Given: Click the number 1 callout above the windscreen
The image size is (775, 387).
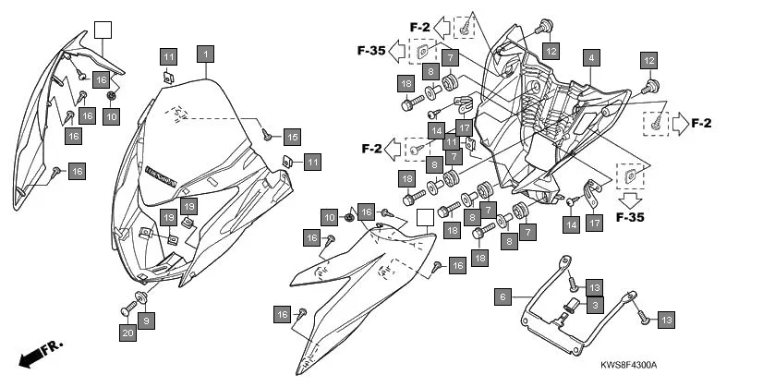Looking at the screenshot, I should [204, 54].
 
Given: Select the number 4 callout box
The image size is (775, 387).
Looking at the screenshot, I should [588, 57].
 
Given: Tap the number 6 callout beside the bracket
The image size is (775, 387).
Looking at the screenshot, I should [503, 296].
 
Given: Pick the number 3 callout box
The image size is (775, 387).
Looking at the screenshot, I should [595, 305].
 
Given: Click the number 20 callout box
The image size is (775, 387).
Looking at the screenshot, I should [127, 332].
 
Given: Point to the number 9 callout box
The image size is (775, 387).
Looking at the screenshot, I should [147, 320].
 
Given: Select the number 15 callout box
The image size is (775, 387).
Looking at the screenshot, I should [292, 137].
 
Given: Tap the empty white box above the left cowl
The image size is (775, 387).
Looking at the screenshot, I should [102, 29].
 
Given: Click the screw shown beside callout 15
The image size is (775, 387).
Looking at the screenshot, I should [267, 134].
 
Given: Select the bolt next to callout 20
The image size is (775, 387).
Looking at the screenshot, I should [127, 308].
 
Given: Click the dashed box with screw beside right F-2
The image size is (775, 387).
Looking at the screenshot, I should [657, 122].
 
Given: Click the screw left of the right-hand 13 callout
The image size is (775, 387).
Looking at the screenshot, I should [644, 317].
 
